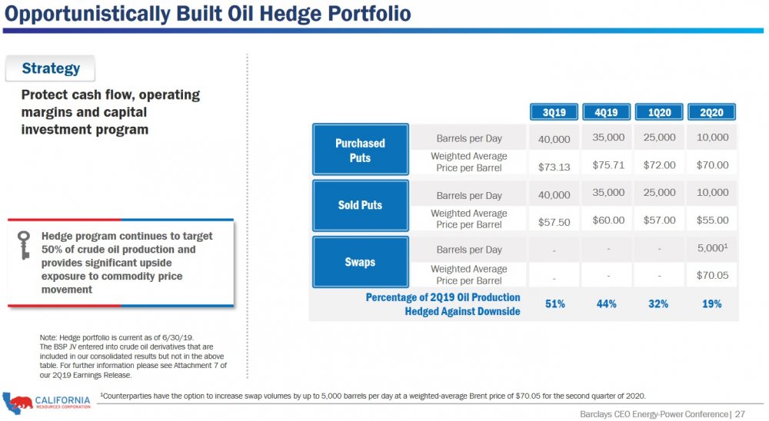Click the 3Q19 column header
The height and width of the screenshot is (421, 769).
[x=554, y=112]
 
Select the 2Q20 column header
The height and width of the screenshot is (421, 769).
[x=711, y=112]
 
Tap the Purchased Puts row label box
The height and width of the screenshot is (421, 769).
[x=361, y=150]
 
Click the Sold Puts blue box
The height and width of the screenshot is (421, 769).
[x=361, y=205]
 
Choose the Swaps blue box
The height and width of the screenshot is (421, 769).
[x=361, y=262]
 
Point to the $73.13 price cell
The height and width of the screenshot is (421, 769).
[x=554, y=167]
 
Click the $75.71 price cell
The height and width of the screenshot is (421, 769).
[x=608, y=164]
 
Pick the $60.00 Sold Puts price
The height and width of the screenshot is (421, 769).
[x=608, y=220]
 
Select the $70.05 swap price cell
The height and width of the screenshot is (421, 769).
[x=712, y=275]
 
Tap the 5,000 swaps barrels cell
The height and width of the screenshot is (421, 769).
[x=712, y=247]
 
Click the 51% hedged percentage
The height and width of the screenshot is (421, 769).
[x=554, y=304]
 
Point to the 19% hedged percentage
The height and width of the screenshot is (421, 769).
[x=711, y=304]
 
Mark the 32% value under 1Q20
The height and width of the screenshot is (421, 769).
[x=658, y=304]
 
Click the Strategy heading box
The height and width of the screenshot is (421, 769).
[x=50, y=68]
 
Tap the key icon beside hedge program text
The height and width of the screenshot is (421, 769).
[x=24, y=245]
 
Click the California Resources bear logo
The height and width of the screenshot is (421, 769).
[x=17, y=403]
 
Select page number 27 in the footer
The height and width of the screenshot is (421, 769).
[x=740, y=414]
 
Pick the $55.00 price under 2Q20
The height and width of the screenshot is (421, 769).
[x=712, y=220]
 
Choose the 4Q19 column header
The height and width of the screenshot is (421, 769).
[x=606, y=112]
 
